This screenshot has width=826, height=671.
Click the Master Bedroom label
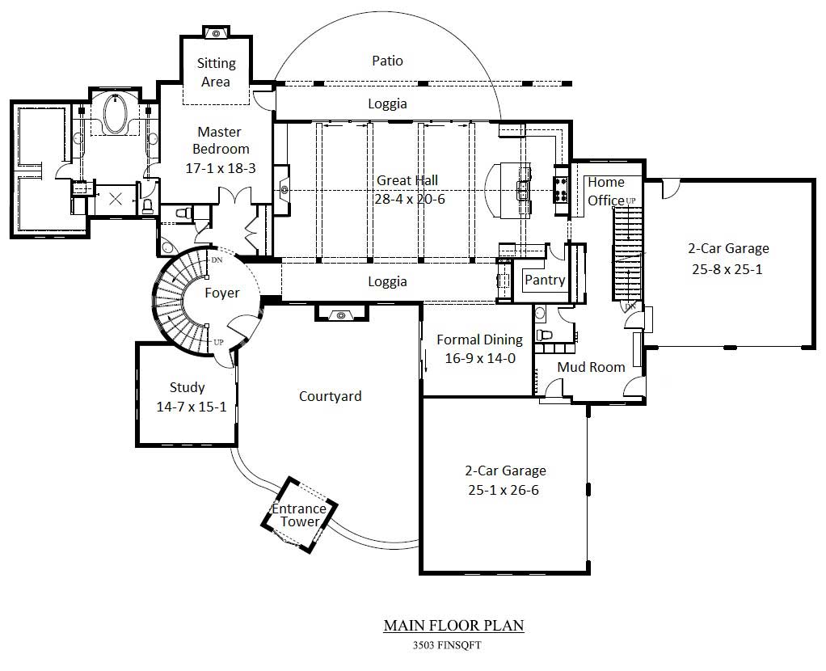[x=219, y=140]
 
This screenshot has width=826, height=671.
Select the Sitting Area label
[x=217, y=72]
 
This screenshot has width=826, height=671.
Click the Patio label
[x=387, y=61]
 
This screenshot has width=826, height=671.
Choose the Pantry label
[x=545, y=280]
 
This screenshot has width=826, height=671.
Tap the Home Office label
[x=605, y=191]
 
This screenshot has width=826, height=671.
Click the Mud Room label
[x=591, y=367]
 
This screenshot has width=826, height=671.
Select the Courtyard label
[x=330, y=396]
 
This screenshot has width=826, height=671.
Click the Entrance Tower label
[x=299, y=515]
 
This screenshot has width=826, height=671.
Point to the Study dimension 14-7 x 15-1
[x=187, y=407]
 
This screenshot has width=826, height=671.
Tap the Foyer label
[x=221, y=293]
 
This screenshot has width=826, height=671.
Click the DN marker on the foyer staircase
[x=216, y=260]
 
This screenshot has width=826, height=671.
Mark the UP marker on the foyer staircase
[x=218, y=342]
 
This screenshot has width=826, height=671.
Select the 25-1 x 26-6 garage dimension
[x=505, y=490]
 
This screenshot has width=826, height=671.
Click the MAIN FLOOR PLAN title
[x=453, y=625]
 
